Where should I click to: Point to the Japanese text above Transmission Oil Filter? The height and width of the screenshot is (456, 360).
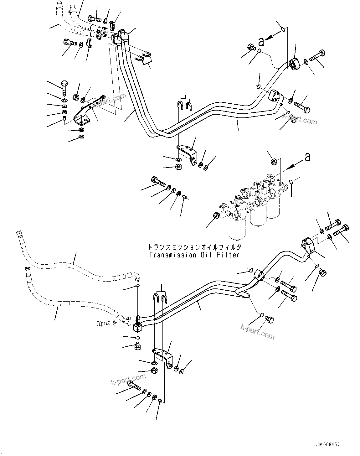click(194, 247)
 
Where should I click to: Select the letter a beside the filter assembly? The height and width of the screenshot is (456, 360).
click(308, 157)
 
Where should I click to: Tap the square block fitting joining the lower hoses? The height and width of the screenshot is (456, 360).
click(137, 328)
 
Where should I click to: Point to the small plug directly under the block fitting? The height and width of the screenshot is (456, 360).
click(137, 346)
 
